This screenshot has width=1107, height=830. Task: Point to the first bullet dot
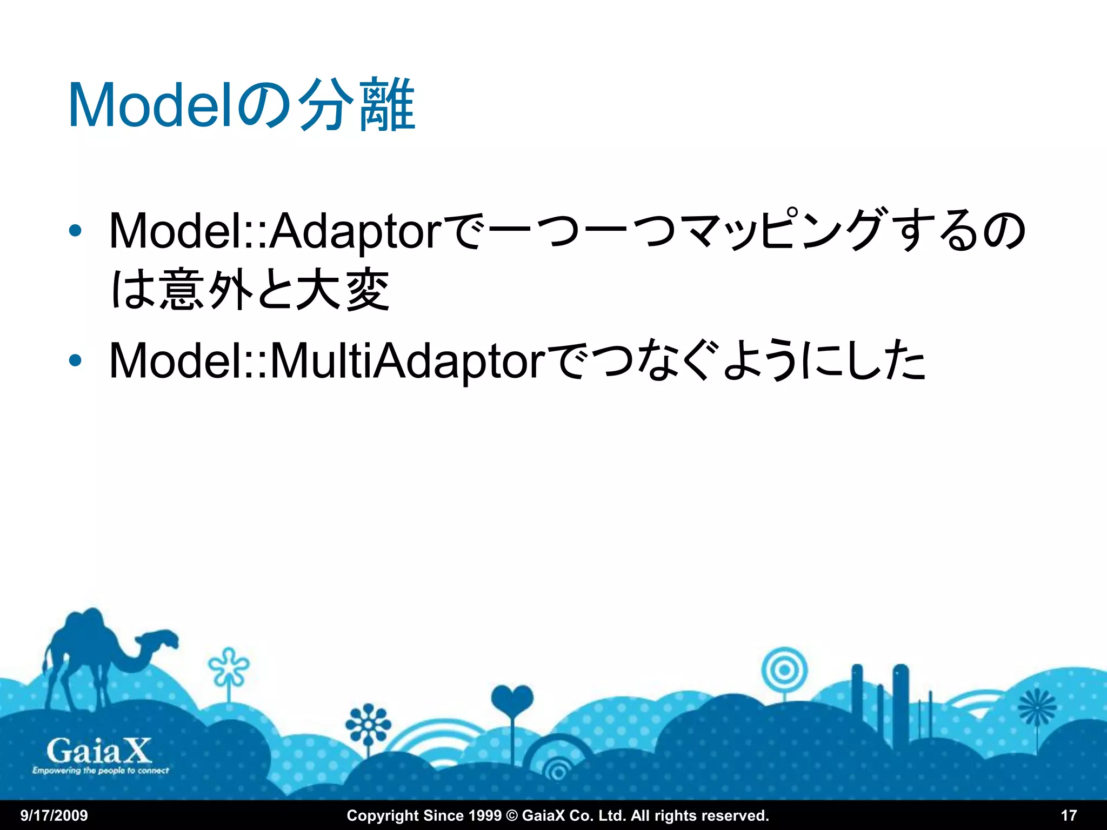pos(75,231)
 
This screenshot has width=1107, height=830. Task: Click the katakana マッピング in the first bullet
pos(778,231)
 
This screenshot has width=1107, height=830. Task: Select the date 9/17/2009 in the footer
pos(54,815)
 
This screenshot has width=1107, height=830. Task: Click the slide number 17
pos(1069,815)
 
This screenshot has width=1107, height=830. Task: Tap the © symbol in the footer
pos(511,815)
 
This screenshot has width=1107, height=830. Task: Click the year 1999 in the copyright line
pos(483,815)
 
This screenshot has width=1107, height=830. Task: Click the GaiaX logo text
pos(99,751)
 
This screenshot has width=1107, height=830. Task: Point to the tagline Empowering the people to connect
pos(101,771)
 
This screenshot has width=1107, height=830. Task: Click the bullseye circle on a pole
pos(784,671)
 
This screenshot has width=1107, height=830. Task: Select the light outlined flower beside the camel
pos(229,668)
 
